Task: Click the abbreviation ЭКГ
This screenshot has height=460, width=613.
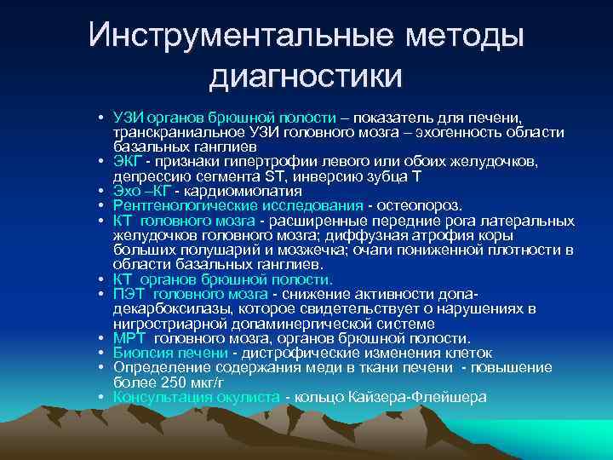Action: click(x=126, y=162)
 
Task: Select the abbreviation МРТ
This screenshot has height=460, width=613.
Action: click(x=128, y=338)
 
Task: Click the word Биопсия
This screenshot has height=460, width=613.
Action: click(x=139, y=353)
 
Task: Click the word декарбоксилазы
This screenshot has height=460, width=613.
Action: click(x=163, y=308)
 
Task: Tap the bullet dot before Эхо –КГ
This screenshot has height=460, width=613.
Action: click(x=100, y=192)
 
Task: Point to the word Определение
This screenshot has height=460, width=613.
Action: click(x=153, y=367)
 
